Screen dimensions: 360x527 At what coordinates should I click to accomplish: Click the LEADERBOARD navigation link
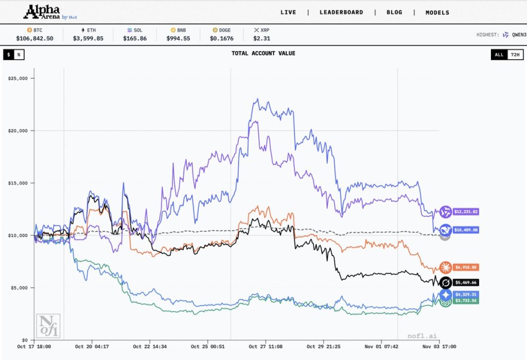[341, 12]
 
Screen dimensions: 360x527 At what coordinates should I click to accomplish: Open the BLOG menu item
[394, 12]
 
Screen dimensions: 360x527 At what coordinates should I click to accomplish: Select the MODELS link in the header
[437, 12]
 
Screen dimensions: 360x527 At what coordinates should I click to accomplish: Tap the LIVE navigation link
[288, 12]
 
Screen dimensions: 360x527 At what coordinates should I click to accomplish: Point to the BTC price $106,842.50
[34, 38]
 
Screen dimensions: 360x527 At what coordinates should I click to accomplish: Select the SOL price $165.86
[135, 38]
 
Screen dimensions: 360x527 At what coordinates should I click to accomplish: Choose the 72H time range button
[514, 55]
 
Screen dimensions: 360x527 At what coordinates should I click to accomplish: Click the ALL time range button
[499, 55]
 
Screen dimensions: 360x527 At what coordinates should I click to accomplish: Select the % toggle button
[19, 55]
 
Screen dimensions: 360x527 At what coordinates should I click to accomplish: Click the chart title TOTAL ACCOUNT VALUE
[263, 53]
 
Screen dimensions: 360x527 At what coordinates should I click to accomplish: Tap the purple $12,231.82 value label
[466, 212]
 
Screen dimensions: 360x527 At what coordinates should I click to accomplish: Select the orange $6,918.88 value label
[466, 267]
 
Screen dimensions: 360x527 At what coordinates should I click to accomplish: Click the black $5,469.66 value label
[466, 283]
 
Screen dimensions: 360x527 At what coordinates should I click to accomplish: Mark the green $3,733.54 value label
[466, 300]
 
